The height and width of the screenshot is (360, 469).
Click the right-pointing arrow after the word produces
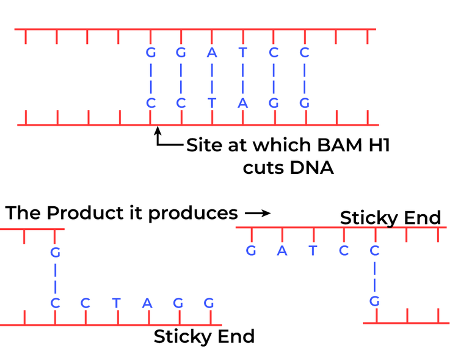(257, 214)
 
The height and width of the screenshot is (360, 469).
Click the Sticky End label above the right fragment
(390, 218)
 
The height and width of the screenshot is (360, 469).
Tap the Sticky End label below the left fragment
(204, 336)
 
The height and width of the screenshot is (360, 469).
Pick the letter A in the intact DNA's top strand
(212, 53)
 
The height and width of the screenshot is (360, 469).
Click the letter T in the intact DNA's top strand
(242, 53)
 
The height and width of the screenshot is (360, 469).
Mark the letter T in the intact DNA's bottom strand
(212, 103)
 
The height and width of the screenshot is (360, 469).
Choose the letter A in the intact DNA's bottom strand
(242, 103)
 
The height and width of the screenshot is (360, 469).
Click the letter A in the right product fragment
(282, 251)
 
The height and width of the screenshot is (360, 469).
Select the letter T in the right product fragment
(313, 251)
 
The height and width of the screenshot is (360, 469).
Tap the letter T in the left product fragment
(116, 303)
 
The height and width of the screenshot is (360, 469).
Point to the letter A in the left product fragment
(147, 303)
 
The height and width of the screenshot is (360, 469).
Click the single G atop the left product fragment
(55, 251)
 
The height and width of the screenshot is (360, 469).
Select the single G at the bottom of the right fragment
(375, 301)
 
